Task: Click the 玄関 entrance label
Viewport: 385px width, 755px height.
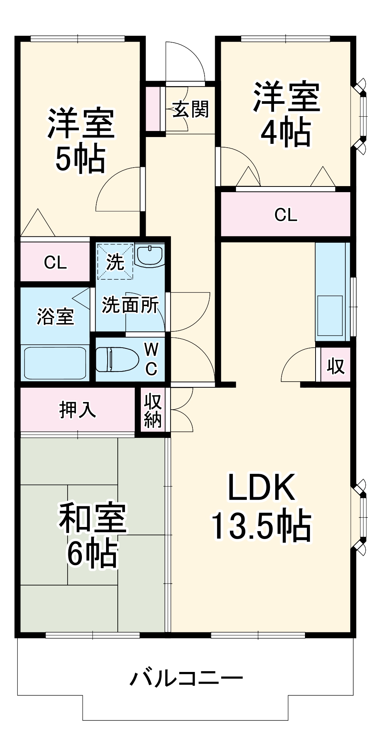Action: tap(191, 109)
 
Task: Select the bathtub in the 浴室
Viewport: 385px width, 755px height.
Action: tap(55, 362)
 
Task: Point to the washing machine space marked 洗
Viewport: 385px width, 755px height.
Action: tap(115, 262)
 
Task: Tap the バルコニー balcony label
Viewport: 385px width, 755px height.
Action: tap(186, 678)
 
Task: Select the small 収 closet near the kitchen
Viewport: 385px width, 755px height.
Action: tap(336, 365)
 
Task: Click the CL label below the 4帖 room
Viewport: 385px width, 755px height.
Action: tap(286, 215)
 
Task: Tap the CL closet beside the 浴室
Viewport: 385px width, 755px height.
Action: tap(55, 262)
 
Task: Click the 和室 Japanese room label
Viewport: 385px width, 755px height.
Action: tap(92, 518)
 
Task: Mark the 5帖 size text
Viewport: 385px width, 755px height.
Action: tap(80, 159)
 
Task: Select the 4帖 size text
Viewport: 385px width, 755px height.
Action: tap(286, 133)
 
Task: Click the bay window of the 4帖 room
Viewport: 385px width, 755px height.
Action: tap(362, 116)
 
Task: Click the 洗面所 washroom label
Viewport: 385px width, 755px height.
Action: tap(130, 305)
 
